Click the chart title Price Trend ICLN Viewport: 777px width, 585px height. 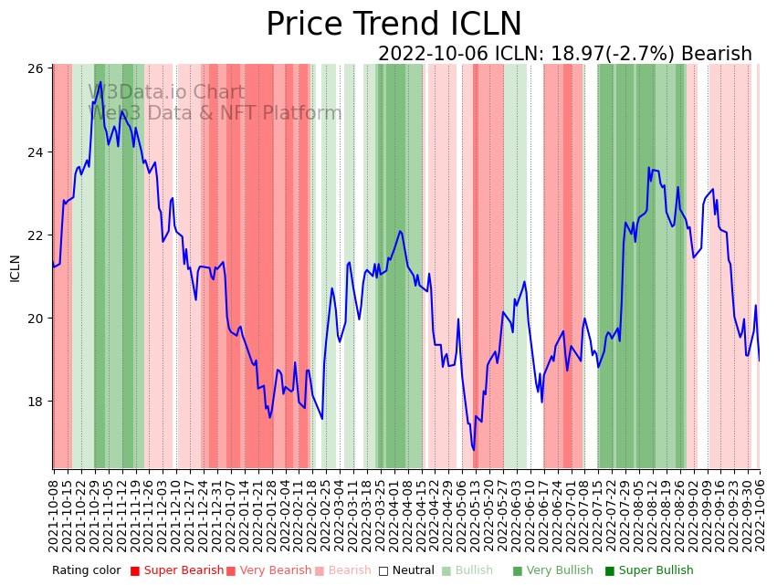click(x=394, y=25)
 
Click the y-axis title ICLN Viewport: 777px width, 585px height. click(x=15, y=267)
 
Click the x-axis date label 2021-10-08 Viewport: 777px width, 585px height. click(x=54, y=511)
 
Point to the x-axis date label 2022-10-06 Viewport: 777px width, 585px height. click(x=760, y=511)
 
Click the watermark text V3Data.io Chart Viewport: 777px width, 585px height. click(x=167, y=93)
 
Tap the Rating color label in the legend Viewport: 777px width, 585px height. click(x=86, y=571)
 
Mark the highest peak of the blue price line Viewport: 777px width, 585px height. click(x=100, y=82)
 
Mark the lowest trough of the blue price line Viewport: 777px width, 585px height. click(x=474, y=449)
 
